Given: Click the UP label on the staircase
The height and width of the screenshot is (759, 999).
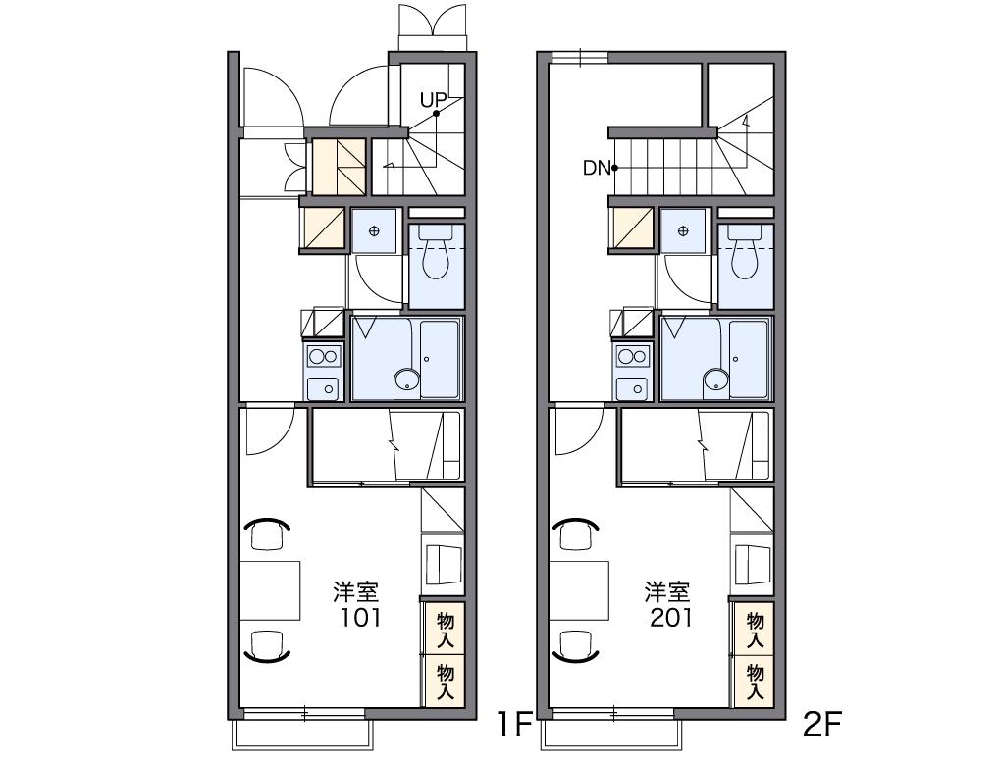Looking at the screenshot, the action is pos(433,100).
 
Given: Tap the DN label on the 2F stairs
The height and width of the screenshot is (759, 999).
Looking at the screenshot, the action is pos(597,168).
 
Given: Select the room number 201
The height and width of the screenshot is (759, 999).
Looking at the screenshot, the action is pos(670,618).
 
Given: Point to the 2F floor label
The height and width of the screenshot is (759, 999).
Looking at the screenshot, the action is pos(822,725).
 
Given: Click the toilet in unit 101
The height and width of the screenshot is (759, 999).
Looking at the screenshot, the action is pos(437,252).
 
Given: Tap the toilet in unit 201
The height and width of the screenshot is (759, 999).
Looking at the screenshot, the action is pos(746,252).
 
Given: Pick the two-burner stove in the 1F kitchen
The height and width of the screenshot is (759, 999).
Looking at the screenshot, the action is pos(324,356).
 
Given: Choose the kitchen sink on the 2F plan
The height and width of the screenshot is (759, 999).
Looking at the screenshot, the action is pos(632,387).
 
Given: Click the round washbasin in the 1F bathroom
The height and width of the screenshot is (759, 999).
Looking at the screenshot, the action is pos(406,380).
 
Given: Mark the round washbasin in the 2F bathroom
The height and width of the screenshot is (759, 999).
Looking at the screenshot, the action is pos(715,380).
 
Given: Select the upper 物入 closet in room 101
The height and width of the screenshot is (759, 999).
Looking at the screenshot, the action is pos(445,630).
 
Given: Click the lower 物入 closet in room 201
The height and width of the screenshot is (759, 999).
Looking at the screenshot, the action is pos(755,682).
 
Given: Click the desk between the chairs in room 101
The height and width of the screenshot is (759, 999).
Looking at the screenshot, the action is pos(270,590).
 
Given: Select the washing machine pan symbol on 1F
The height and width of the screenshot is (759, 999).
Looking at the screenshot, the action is pos(374,230).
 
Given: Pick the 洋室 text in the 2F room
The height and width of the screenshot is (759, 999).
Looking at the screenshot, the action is pos(666,591).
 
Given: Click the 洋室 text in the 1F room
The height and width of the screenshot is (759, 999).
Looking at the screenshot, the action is pos(356,591).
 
